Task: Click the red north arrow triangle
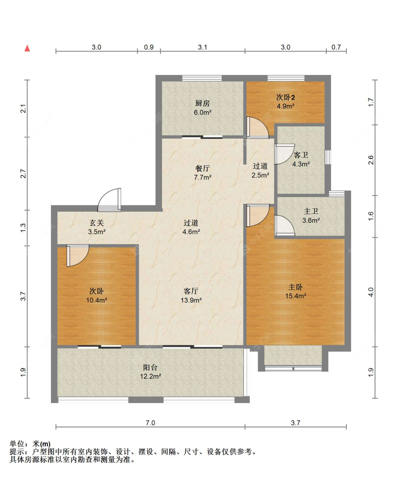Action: click(27, 48)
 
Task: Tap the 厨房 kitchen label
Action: click(202, 104)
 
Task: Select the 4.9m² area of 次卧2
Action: click(286, 106)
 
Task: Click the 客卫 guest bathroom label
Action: click(301, 155)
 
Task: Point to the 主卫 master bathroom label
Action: click(311, 211)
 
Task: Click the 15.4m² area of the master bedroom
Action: click(296, 296)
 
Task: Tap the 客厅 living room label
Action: click(191, 291)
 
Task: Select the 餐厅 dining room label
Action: click(202, 168)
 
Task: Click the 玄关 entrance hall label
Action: click(96, 223)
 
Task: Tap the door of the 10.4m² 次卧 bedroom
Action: click(78, 255)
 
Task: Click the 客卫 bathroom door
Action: click(284, 154)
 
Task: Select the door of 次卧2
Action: click(258, 127)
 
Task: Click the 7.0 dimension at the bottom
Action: click(150, 423)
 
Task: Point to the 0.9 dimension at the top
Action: click(149, 47)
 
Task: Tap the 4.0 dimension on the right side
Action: click(371, 292)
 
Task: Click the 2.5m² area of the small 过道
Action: click(260, 175)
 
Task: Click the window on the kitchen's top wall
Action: click(202, 78)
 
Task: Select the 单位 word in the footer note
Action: click(17, 444)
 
